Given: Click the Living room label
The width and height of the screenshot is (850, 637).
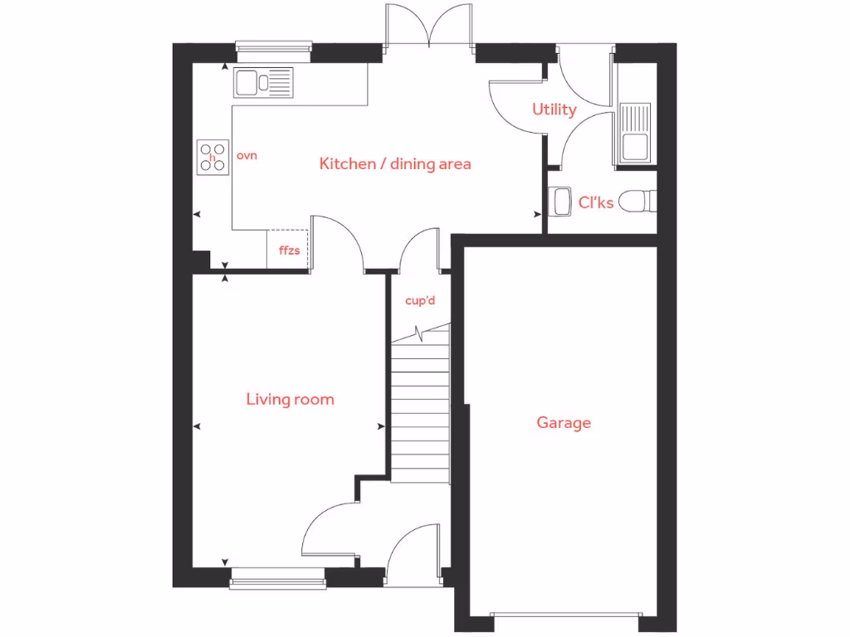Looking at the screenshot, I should [x=290, y=399].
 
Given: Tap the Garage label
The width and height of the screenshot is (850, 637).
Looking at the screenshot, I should [x=564, y=422].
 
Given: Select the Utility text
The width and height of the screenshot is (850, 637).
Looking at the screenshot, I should [x=554, y=109].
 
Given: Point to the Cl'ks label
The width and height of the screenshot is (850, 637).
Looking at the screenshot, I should [x=596, y=201].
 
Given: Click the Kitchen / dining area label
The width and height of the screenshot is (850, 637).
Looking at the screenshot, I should [x=395, y=163].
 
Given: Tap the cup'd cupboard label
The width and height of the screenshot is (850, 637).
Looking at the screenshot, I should [x=420, y=300].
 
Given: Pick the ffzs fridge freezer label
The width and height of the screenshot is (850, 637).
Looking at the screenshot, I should [x=288, y=249].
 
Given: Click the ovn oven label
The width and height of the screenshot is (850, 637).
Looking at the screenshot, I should [x=247, y=155].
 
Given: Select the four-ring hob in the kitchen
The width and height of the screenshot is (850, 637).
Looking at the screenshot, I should [x=212, y=157].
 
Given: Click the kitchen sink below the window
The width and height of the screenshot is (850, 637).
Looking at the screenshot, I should [x=263, y=82].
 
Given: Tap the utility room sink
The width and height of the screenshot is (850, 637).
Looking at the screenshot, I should [x=636, y=132].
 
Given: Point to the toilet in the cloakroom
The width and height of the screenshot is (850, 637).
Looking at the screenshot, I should [x=638, y=201].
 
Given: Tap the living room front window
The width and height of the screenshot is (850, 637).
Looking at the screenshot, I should [x=276, y=580].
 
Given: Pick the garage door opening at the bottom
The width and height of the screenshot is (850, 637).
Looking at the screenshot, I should [x=564, y=615].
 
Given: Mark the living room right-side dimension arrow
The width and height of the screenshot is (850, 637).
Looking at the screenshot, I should [x=381, y=426].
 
